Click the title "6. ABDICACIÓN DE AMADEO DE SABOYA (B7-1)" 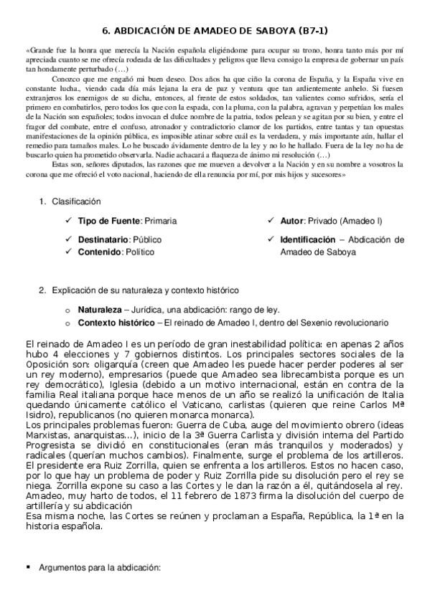[x=215, y=30]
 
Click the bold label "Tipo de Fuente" [x=110, y=221]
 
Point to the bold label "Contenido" [x=100, y=252]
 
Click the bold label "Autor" [x=291, y=221]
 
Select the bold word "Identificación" [x=307, y=239]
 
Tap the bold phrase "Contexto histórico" [x=116, y=323]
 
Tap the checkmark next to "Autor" [x=271, y=221]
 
